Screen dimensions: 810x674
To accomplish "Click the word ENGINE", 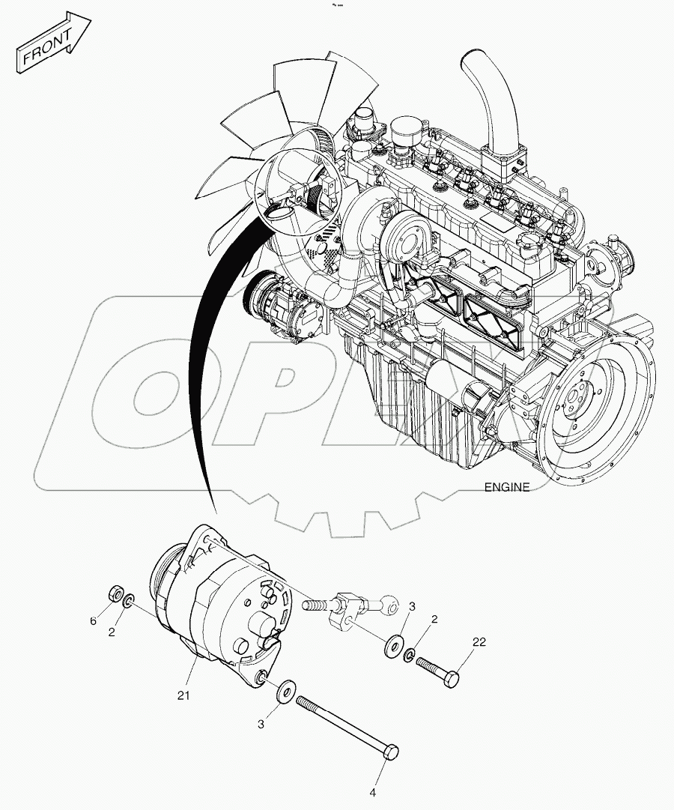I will (506, 487).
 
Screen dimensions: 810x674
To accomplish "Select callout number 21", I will (184, 695).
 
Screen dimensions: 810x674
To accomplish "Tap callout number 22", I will (479, 642).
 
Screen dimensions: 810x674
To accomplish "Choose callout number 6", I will (94, 620).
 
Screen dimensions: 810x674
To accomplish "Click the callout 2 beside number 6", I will (112, 632).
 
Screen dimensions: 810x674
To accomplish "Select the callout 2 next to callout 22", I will (434, 619).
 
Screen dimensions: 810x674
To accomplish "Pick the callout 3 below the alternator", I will (261, 724).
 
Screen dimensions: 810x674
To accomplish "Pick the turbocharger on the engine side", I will (404, 240).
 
